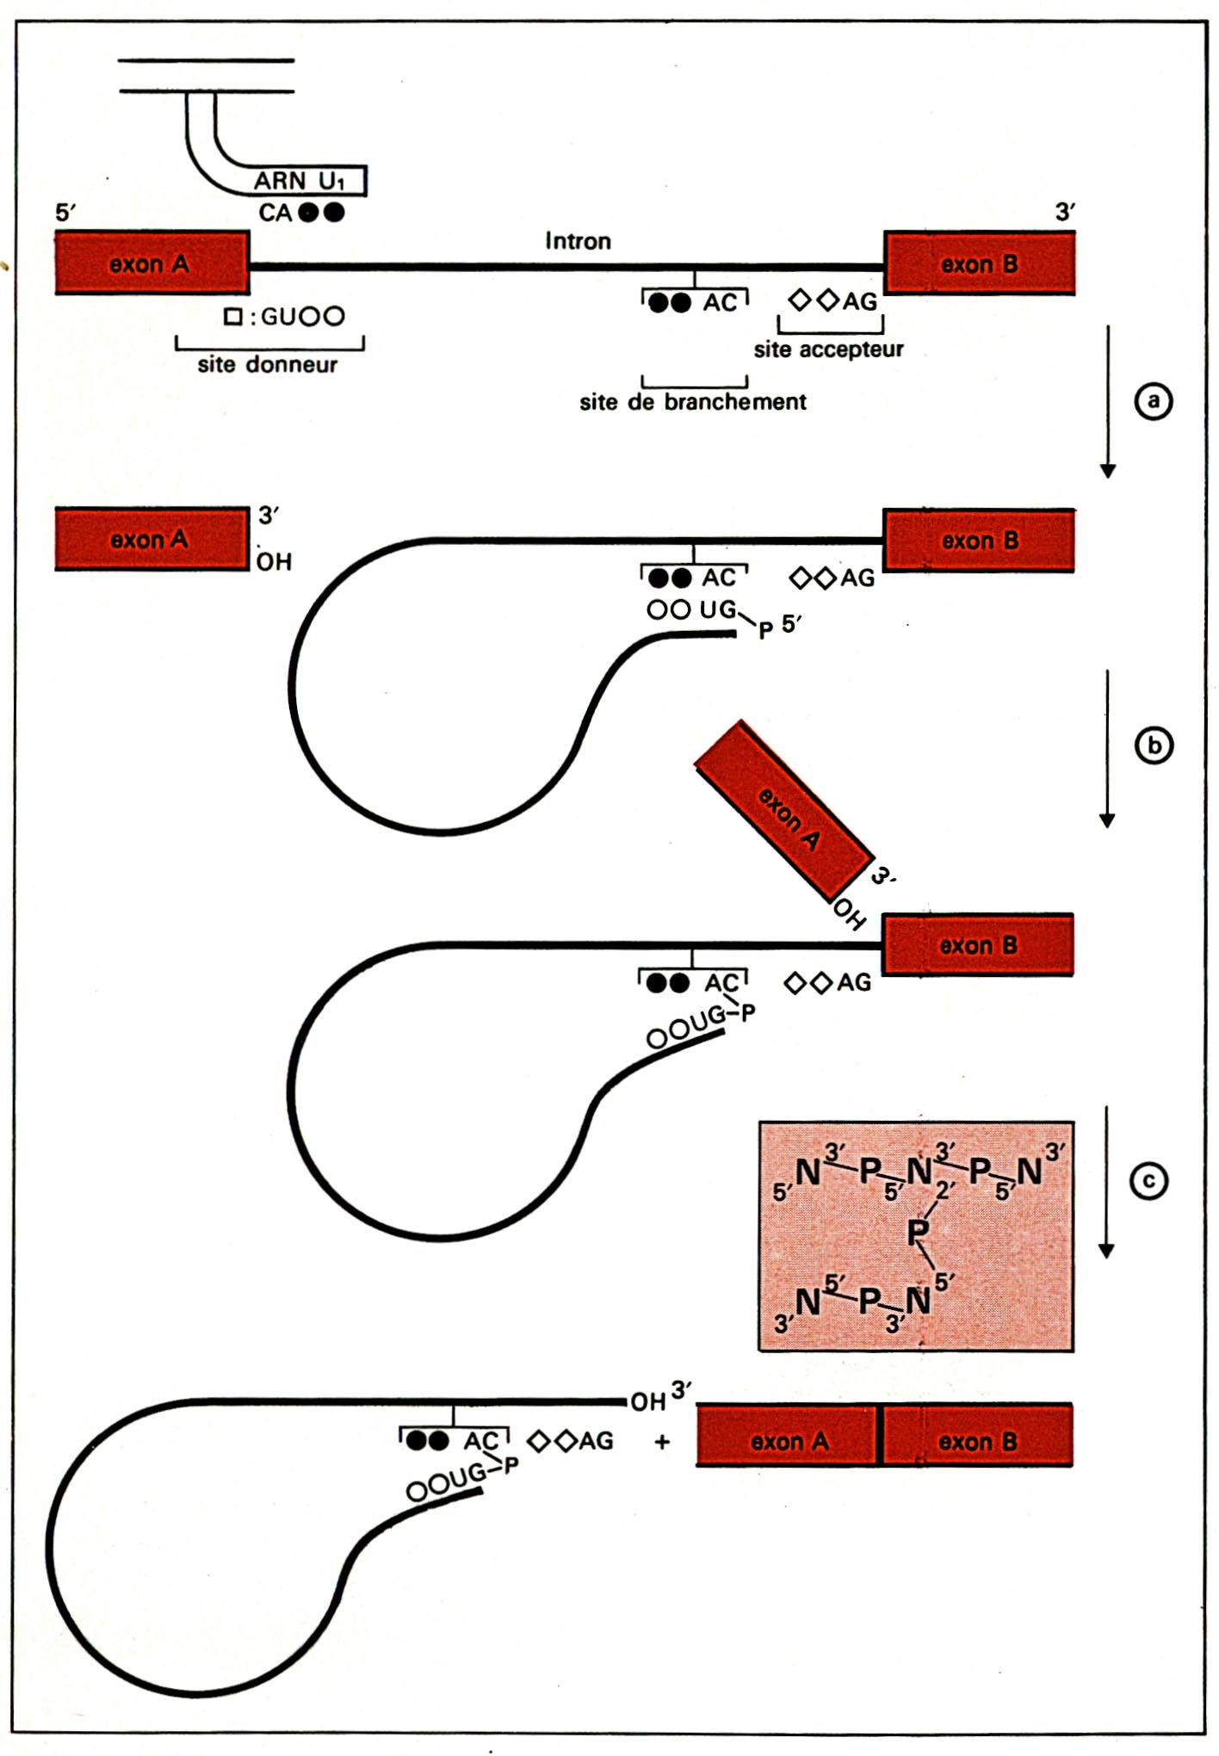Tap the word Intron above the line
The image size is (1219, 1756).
(x=578, y=241)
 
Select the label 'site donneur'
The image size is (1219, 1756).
(x=268, y=364)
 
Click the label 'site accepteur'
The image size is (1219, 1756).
(x=829, y=349)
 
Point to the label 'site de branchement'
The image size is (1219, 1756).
(x=693, y=402)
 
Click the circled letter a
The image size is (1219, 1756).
(x=1153, y=401)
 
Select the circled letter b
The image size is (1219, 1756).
(x=1154, y=745)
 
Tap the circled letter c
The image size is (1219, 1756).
(x=1148, y=1181)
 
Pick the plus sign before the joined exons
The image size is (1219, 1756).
(x=662, y=1442)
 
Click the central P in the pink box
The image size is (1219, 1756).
(x=918, y=1233)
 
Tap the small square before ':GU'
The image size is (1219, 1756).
(x=232, y=316)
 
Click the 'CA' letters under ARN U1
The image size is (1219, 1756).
(x=275, y=213)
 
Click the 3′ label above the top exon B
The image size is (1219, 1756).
(x=1066, y=212)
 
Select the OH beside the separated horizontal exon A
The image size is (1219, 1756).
(x=275, y=562)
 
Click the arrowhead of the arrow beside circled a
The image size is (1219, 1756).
(x=1109, y=471)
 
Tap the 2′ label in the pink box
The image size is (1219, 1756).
(x=945, y=1191)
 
